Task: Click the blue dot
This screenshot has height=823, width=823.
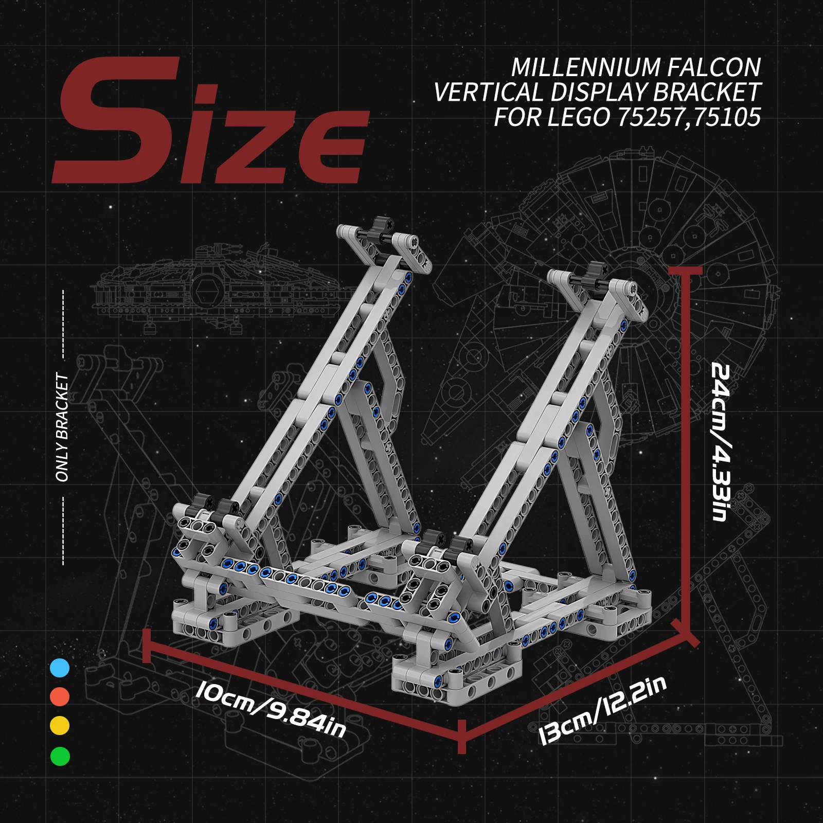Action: click(60, 668)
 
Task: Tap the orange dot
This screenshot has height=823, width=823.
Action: click(60, 697)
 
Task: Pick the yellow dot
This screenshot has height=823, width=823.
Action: click(60, 726)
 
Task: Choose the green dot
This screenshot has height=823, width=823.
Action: click(60, 756)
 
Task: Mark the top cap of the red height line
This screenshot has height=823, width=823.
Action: click(685, 271)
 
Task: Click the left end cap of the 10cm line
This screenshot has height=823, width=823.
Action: click(146, 645)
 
